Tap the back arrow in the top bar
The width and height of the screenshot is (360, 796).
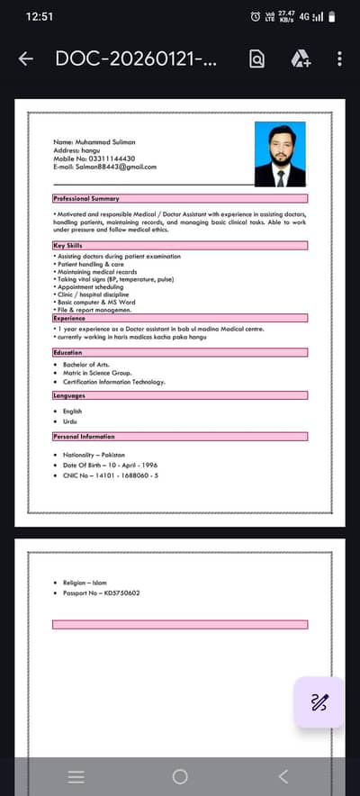click(x=26, y=59)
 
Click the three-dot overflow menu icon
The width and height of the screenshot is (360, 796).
click(x=339, y=59)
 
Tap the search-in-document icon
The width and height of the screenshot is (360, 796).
click(x=257, y=59)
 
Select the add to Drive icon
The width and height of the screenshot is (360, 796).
click(x=301, y=59)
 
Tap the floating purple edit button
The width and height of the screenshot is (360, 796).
click(x=319, y=702)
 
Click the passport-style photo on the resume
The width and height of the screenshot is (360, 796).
click(x=280, y=154)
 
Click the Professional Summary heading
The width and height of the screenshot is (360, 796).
click(x=86, y=198)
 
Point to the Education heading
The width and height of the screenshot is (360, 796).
click(x=69, y=353)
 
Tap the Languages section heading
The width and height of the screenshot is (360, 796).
click(x=70, y=395)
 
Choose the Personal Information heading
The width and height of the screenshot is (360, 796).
click(x=84, y=436)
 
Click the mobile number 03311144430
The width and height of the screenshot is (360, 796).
click(x=94, y=158)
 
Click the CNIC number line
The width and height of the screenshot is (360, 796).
click(x=111, y=475)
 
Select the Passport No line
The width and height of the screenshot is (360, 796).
click(x=102, y=593)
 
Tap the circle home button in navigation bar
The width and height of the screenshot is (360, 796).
click(x=180, y=776)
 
